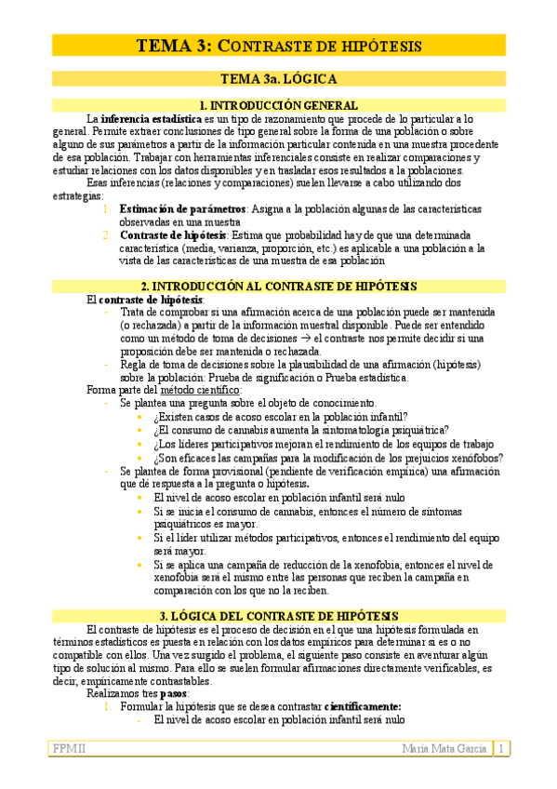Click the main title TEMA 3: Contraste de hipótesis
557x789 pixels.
click(x=278, y=46)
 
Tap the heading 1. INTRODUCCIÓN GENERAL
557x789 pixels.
click(x=278, y=106)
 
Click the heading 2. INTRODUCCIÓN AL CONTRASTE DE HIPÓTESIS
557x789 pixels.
click(x=278, y=287)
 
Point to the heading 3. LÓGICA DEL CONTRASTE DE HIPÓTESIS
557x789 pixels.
click(x=278, y=616)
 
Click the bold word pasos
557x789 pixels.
click(x=173, y=693)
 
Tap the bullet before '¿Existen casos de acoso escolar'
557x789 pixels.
click(x=139, y=417)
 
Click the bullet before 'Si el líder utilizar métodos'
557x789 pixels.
click(x=139, y=538)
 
